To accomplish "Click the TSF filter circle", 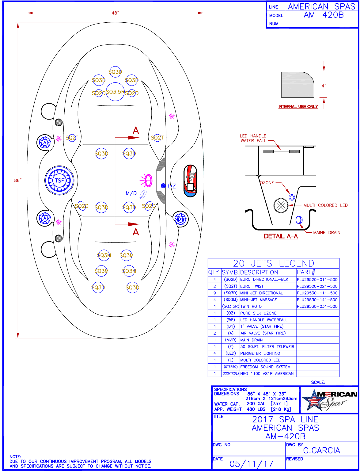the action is (x=59, y=180).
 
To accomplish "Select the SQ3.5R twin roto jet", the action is (x=115, y=92).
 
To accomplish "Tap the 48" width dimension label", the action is (x=116, y=13).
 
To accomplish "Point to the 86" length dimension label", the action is (x=18, y=180).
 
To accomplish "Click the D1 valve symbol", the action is (x=180, y=219).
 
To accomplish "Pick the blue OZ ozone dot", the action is (x=163, y=186).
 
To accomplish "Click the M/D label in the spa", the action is (x=131, y=193).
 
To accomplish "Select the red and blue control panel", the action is (x=190, y=181).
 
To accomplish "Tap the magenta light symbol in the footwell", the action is (x=146, y=180).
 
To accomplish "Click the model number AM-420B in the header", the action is (x=324, y=15).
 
